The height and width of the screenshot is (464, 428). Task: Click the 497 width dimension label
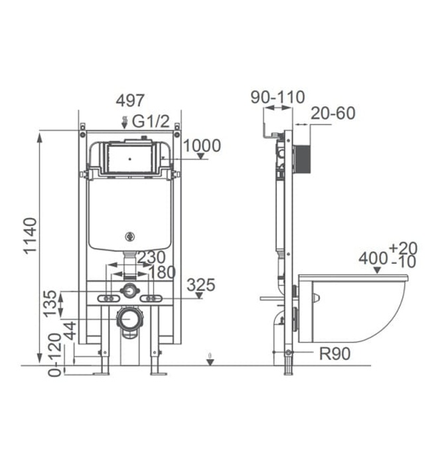pos(130,100)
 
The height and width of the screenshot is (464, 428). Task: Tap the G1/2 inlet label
pos(151,121)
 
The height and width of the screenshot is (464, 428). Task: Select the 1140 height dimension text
pos(31,235)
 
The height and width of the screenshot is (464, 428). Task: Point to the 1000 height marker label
pos(202,146)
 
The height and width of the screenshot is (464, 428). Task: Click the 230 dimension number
pos(151,257)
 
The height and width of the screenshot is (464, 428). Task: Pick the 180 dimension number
pos(162,272)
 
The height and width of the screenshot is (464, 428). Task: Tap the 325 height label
pos(201,285)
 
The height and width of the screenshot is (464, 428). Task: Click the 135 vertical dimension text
pos(50,304)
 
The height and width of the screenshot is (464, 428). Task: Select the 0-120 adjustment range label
pos(55,355)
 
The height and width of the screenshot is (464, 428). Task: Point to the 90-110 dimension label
pos(277,97)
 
